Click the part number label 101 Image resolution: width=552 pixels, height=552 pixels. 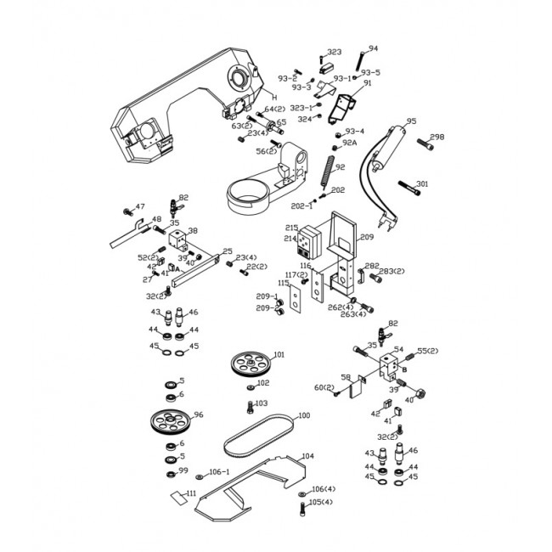pos(279,354)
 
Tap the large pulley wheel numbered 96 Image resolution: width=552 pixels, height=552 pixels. pos(170,421)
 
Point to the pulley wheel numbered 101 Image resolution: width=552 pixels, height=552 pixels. pos(250,367)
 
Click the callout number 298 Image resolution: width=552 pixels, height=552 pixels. pos(437,137)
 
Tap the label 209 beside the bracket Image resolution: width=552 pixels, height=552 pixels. pos(367,237)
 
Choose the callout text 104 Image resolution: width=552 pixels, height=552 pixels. pos(307,456)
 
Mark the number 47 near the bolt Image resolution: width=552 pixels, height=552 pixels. pos(140,206)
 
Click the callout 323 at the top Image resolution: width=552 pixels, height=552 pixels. pos(334,52)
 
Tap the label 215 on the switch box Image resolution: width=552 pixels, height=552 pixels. pos(291,228)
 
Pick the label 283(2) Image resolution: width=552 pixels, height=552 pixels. pos(391,271)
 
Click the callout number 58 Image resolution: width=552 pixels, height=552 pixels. pos(346,377)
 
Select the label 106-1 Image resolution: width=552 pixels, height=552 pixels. pos(220,472)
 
